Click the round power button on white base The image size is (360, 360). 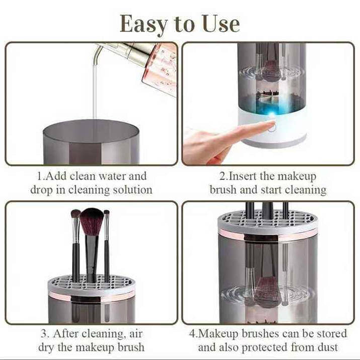click(x=272, y=127)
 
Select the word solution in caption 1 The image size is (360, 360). click(x=132, y=190)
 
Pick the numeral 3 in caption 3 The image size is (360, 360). click(x=44, y=334)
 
